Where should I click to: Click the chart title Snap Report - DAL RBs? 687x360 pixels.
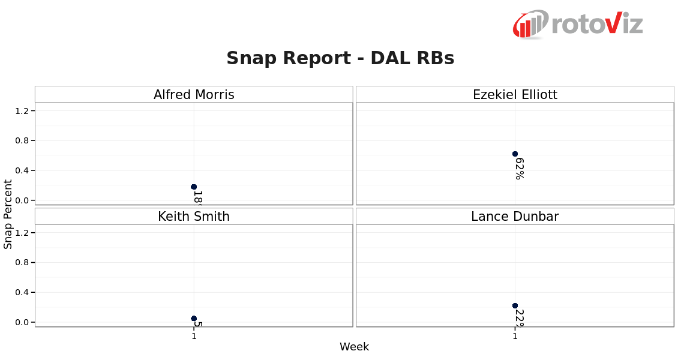[340, 58]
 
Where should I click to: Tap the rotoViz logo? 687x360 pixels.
[577, 24]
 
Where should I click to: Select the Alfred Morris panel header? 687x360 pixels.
[194, 95]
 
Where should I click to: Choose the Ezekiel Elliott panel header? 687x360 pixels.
[515, 95]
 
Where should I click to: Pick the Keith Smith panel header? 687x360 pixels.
[194, 217]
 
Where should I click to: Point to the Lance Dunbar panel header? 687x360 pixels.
[515, 217]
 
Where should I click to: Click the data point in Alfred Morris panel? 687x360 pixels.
[194, 187]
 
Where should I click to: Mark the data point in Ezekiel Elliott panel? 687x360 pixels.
[515, 154]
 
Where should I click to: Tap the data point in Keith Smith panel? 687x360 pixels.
[194, 319]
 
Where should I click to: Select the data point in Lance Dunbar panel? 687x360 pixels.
[515, 306]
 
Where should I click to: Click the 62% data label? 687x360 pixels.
[520, 169]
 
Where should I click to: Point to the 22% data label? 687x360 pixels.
[520, 319]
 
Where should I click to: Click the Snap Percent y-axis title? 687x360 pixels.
[8, 214]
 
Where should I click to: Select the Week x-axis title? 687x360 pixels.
[354, 347]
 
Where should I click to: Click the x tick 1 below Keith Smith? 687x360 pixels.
[194, 337]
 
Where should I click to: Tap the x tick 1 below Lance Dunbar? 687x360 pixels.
[515, 337]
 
